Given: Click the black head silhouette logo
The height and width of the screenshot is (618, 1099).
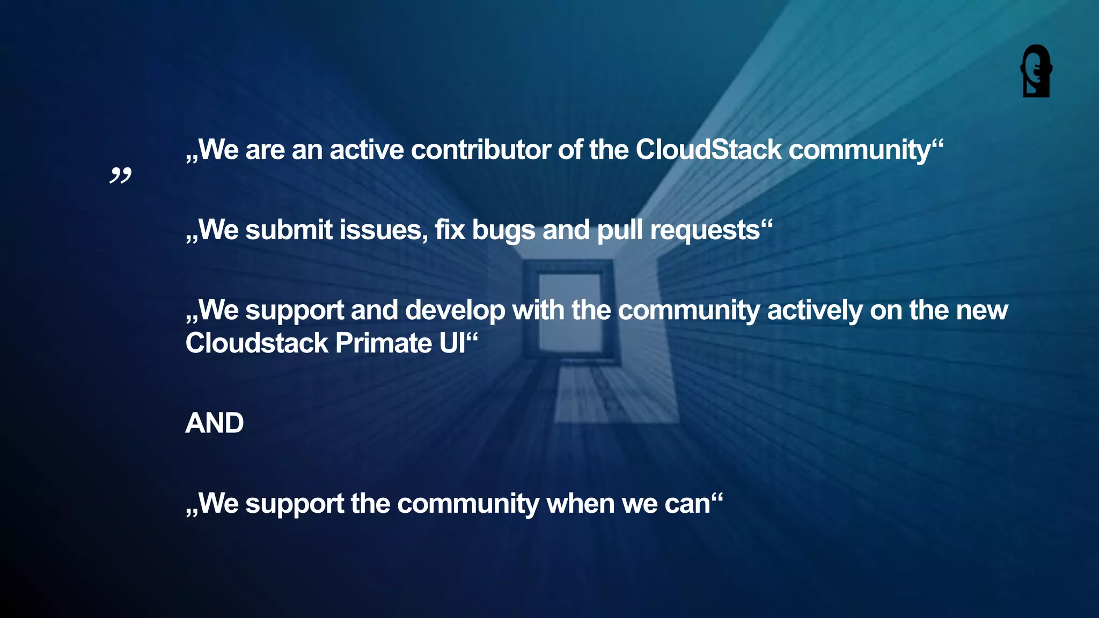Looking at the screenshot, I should click(x=1036, y=71).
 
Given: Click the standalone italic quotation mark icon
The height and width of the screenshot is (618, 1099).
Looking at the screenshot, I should click(x=120, y=175).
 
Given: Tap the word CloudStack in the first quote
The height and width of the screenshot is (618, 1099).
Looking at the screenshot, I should click(x=708, y=150).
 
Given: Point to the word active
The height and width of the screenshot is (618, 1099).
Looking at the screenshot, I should click(x=367, y=150).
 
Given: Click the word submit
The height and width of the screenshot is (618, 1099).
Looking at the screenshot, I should click(x=289, y=230).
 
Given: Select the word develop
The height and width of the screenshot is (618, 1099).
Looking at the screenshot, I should click(x=455, y=311).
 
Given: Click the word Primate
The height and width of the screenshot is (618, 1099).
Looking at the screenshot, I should click(x=383, y=343).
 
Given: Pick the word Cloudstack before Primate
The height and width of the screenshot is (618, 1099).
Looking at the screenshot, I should click(x=257, y=343).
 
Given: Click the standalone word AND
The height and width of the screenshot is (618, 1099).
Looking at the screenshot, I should click(x=214, y=423).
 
